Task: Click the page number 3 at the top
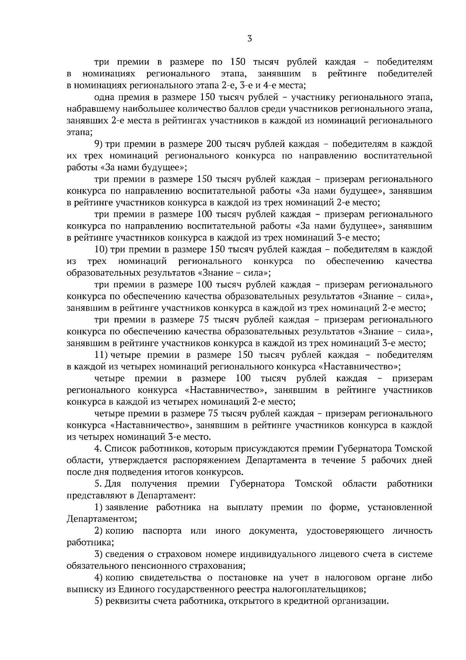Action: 250,38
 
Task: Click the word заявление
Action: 127,507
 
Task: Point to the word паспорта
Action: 162,531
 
